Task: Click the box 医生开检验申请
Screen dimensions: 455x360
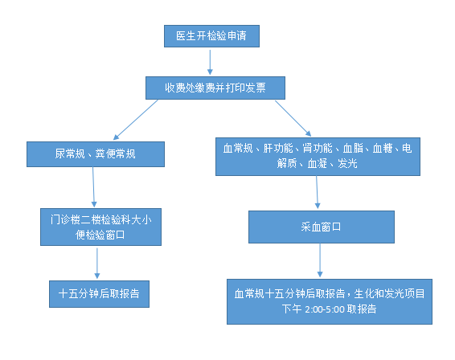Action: pyautogui.click(x=211, y=36)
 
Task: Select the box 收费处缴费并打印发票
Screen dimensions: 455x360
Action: pyautogui.click(x=215, y=88)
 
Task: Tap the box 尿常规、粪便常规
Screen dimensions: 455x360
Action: pyautogui.click(x=96, y=154)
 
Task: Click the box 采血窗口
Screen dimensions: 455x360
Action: pyautogui.click(x=322, y=227)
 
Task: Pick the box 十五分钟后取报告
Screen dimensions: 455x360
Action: pyautogui.click(x=99, y=294)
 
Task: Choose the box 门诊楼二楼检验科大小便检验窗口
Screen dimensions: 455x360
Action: pyautogui.click(x=100, y=227)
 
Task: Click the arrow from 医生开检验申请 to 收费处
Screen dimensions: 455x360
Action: pyautogui.click(x=210, y=62)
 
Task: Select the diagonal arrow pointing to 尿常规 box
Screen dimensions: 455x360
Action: pyautogui.click(x=136, y=120)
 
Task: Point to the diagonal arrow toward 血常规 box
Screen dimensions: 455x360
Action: pyautogui.click(x=293, y=118)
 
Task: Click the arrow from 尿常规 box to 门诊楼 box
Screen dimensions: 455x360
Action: pyautogui.click(x=93, y=186)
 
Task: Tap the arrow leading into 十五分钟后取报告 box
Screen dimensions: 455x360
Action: pyautogui.click(x=97, y=264)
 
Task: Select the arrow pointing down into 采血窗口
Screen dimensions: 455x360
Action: pyautogui.click(x=318, y=192)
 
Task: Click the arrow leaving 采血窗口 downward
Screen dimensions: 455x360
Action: pyautogui.click(x=320, y=260)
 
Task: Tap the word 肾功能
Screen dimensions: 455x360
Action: pyautogui.click(x=318, y=148)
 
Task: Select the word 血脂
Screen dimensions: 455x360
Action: pyautogui.click(x=353, y=148)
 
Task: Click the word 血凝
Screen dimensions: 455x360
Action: pyautogui.click(x=318, y=164)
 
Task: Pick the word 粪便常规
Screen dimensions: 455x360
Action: pyautogui.click(x=115, y=153)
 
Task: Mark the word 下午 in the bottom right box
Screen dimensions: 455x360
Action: pyautogui.click(x=292, y=309)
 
